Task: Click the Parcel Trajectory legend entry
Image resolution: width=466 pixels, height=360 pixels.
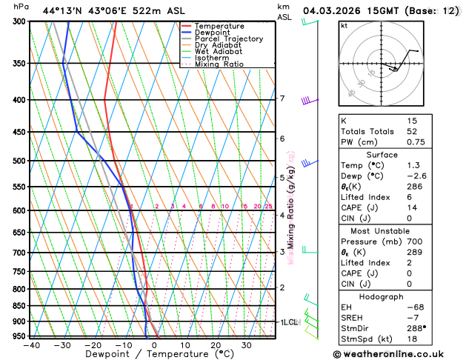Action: click(228, 39)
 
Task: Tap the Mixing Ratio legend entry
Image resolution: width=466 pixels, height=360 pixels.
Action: click(219, 64)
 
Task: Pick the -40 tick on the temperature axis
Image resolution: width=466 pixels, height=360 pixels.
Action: click(31, 344)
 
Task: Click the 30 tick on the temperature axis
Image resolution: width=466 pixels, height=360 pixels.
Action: click(246, 344)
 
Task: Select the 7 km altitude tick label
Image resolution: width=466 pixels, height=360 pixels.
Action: click(282, 99)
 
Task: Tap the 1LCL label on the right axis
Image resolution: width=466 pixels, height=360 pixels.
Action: click(288, 322)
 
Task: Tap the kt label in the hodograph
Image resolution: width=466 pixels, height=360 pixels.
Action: click(344, 25)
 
